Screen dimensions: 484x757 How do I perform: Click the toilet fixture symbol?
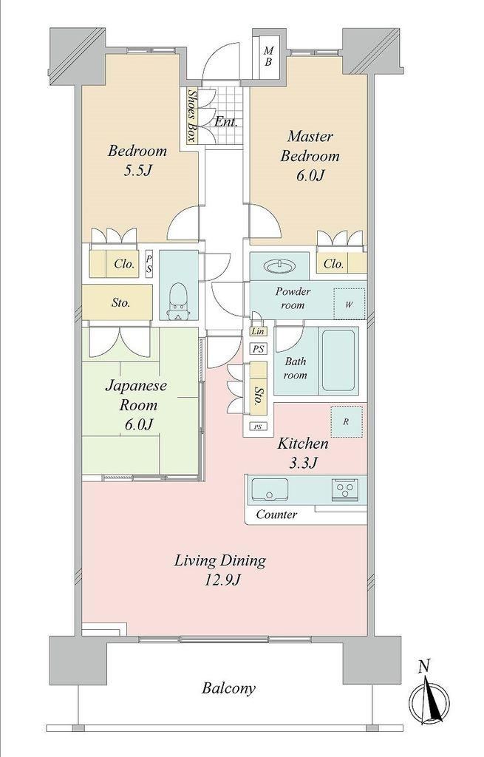click(x=179, y=302)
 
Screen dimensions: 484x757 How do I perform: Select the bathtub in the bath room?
click(x=340, y=360)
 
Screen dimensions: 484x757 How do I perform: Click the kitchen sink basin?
click(x=270, y=490)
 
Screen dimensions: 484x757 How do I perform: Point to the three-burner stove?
click(x=344, y=489)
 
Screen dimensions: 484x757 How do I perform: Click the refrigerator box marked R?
click(x=346, y=422)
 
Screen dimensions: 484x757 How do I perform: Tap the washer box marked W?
click(x=349, y=304)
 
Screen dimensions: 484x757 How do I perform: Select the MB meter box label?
click(x=269, y=56)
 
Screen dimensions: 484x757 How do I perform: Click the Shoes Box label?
click(x=191, y=116)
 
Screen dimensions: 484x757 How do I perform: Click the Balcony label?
click(x=228, y=688)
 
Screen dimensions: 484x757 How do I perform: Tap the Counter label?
click(x=276, y=515)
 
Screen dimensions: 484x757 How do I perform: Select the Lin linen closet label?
click(x=258, y=331)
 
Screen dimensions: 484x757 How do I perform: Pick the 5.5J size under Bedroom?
click(x=138, y=171)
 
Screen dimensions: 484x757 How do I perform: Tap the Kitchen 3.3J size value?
click(x=302, y=464)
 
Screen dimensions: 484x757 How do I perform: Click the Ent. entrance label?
click(x=226, y=122)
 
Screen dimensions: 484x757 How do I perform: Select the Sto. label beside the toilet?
click(x=120, y=302)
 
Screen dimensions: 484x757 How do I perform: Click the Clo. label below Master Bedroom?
click(x=333, y=264)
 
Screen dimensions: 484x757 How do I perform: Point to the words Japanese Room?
click(x=137, y=395)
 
